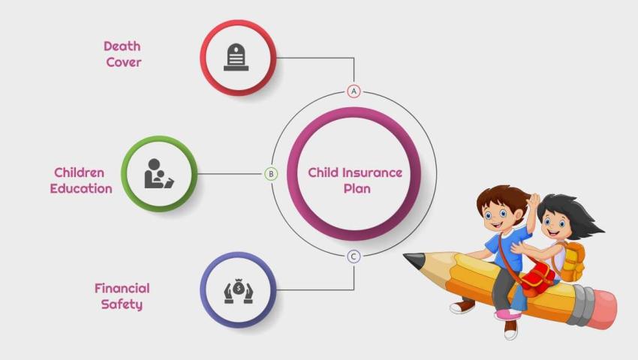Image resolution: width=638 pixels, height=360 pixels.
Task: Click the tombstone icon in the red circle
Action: coord(237,58)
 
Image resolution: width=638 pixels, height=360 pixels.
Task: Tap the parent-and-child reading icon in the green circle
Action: coord(158,173)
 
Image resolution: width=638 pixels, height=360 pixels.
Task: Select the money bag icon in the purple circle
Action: coord(238,289)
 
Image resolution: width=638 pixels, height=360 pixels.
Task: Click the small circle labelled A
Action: coord(354,91)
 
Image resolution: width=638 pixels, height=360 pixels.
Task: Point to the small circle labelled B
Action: coord(271,174)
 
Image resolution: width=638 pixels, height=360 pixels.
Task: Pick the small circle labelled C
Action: coord(354,256)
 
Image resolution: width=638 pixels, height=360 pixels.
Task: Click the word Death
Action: coord(122,46)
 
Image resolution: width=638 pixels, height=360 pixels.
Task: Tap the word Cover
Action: coord(123,62)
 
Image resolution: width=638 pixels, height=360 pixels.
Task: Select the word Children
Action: coord(79,172)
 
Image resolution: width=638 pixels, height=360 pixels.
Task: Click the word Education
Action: coord(81,188)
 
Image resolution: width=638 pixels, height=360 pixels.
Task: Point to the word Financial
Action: coord(122,288)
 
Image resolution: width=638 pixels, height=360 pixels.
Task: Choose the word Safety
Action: coord(122,304)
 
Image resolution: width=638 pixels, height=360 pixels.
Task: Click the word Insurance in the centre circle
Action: coord(372,172)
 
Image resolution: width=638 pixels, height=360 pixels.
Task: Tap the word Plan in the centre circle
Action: coord(357,188)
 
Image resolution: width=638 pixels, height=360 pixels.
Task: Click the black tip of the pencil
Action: coord(411,260)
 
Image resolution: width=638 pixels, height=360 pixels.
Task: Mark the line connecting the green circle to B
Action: coord(230,174)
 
